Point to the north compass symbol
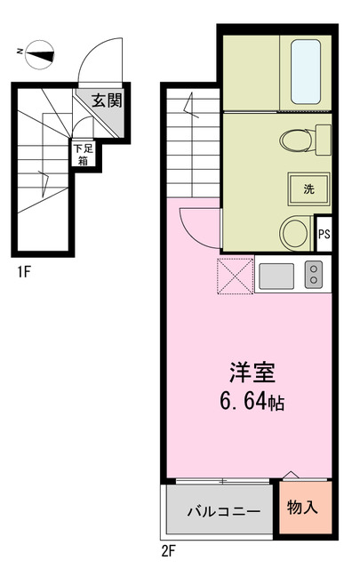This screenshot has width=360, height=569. click(x=36, y=54)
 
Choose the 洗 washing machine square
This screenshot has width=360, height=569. click(x=308, y=188)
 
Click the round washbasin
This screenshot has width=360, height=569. click(x=295, y=233)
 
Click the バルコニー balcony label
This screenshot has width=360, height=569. click(x=223, y=511)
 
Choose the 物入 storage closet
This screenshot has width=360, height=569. click(x=305, y=507)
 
